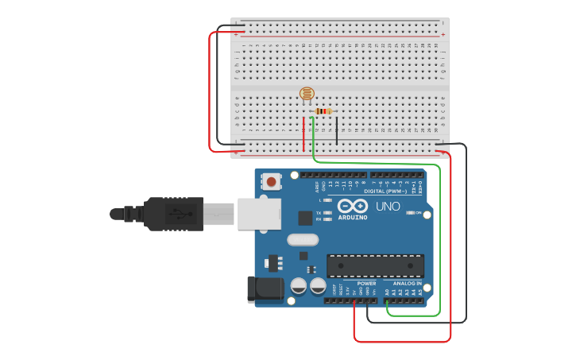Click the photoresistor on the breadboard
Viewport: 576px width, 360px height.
pyautogui.click(x=306, y=94)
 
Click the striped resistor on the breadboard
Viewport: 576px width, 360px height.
pyautogui.click(x=323, y=111)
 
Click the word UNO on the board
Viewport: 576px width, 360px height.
pyautogui.click(x=388, y=206)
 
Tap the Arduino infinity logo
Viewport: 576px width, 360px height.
pyautogui.click(x=351, y=206)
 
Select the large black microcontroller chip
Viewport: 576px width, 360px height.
pyautogui.click(x=375, y=266)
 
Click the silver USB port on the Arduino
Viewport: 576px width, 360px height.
pyautogui.click(x=259, y=213)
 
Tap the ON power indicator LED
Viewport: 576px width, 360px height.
pyautogui.click(x=408, y=213)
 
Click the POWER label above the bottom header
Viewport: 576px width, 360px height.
pyautogui.click(x=366, y=283)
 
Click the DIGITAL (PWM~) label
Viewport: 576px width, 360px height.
pyautogui.click(x=385, y=192)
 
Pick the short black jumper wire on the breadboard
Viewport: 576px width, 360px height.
pyautogui.click(x=336, y=131)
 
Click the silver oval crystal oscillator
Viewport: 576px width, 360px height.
pyautogui.click(x=302, y=239)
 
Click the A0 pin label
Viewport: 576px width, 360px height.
pyautogui.click(x=387, y=293)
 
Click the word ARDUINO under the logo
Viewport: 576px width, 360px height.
pyautogui.click(x=352, y=217)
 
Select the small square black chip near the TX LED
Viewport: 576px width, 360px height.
pyautogui.click(x=305, y=218)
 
